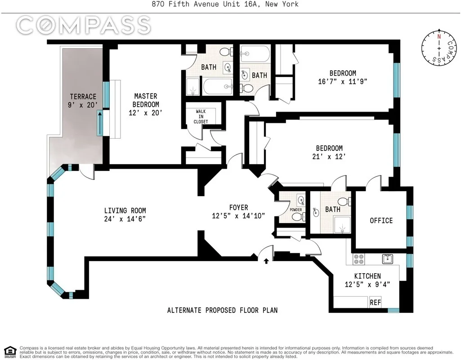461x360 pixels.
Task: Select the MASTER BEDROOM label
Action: click(146, 100)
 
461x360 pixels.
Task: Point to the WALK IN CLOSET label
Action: click(201, 116)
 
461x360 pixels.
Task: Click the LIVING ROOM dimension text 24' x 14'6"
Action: click(125, 219)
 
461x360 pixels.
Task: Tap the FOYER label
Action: click(238, 207)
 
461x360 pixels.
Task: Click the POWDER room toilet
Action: click(297, 216)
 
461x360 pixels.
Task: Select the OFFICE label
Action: click(381, 220)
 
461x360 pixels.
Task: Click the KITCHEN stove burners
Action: click(359, 259)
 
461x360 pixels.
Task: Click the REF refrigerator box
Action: click(375, 303)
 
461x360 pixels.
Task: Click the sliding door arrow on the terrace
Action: click(99, 124)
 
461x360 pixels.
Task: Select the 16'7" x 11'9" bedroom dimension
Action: click(342, 82)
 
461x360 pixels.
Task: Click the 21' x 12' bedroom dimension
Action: click(329, 157)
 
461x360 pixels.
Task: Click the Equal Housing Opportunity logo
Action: click(9, 351)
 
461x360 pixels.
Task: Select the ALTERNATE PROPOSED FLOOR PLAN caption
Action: click(222, 310)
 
